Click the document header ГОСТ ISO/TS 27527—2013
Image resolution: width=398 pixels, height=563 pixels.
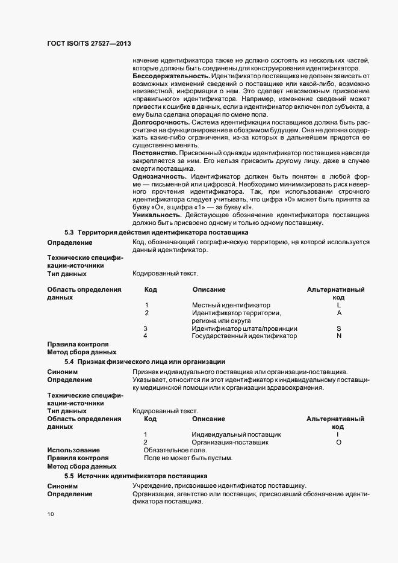[x=89, y=45]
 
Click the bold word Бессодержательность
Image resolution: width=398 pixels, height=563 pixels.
[x=171, y=76]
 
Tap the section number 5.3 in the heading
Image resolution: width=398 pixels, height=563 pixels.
[x=69, y=232]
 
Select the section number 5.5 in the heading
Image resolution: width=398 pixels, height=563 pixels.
[x=69, y=475]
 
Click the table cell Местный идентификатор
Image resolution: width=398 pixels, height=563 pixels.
[x=231, y=306]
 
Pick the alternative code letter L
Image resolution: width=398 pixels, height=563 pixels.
[x=339, y=306]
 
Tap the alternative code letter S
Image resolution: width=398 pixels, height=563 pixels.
[x=339, y=328]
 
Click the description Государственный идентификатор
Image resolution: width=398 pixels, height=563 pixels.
[x=244, y=336]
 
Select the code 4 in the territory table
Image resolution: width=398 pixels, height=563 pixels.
[x=146, y=336]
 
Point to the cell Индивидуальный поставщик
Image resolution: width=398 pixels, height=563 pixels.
[x=236, y=434]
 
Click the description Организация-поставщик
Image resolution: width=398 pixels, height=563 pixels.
[x=230, y=442]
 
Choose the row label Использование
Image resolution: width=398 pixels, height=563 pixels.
[x=73, y=450]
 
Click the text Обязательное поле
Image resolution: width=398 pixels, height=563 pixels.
[x=175, y=450]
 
